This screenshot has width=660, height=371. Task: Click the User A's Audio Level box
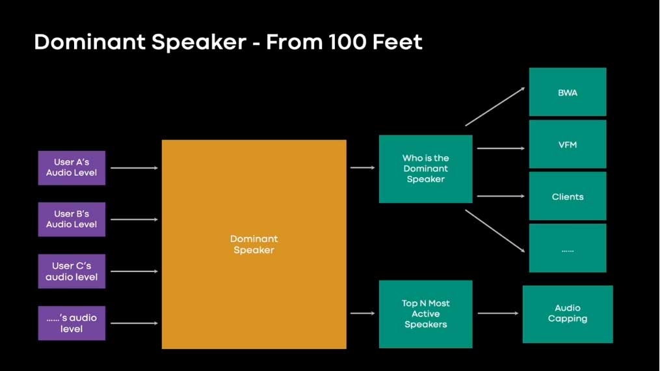(x=72, y=168)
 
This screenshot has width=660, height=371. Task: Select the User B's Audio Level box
(x=72, y=219)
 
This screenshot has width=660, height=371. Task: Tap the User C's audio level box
(x=72, y=271)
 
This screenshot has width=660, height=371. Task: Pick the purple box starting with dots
(x=72, y=323)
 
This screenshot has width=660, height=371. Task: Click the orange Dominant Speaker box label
(x=254, y=244)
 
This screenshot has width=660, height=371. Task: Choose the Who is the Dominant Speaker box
(x=425, y=169)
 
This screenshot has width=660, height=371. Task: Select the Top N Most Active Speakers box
(x=425, y=314)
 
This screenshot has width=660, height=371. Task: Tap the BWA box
(x=568, y=92)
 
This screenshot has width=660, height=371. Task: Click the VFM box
(x=568, y=144)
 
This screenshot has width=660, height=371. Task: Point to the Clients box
(x=568, y=196)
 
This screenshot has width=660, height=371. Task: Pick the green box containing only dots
(x=568, y=248)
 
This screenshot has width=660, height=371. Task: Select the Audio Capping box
(x=568, y=314)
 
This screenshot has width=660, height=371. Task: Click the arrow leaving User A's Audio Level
(x=134, y=168)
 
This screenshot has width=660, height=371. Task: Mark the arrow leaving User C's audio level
(x=134, y=271)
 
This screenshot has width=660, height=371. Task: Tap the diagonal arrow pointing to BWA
(x=495, y=107)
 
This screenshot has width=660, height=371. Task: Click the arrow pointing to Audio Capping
(x=498, y=313)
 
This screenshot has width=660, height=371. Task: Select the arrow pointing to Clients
(x=501, y=196)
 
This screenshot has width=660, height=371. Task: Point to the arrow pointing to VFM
(x=501, y=148)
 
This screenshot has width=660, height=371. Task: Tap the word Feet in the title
(x=398, y=42)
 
